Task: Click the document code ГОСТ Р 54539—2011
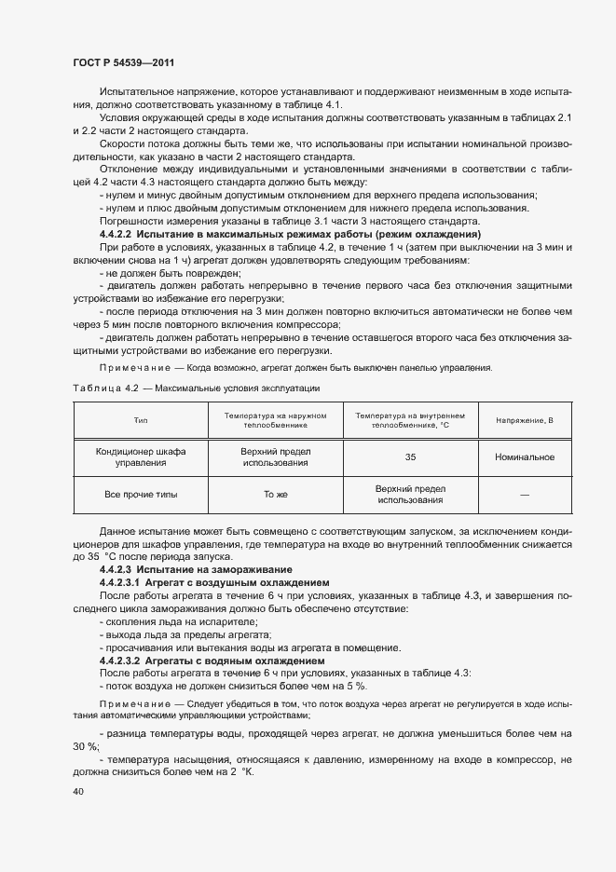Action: tap(121, 62)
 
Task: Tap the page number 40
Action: tap(77, 792)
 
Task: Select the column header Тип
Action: tap(141, 420)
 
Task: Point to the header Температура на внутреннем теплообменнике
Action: tap(411, 420)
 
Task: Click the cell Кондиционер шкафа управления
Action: tap(141, 456)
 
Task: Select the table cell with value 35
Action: tap(411, 456)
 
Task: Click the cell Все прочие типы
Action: tap(141, 494)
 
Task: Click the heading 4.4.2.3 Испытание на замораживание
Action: tap(196, 569)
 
